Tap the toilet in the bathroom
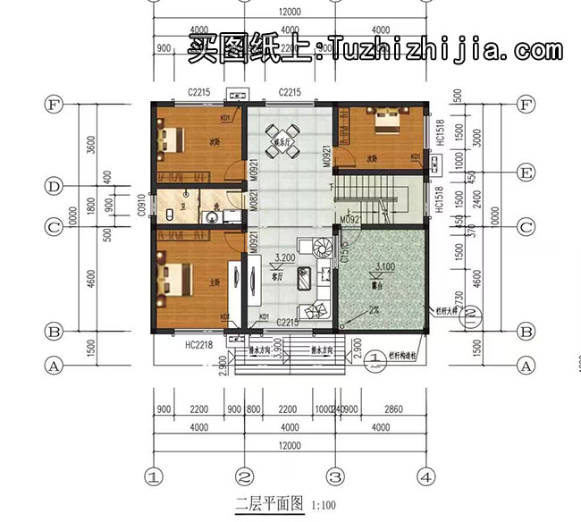[x=169, y=215]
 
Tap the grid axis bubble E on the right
[x=526, y=172]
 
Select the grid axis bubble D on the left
[x=54, y=187]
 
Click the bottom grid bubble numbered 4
[x=427, y=475]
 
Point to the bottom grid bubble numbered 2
[x=243, y=475]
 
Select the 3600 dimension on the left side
[x=92, y=145]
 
